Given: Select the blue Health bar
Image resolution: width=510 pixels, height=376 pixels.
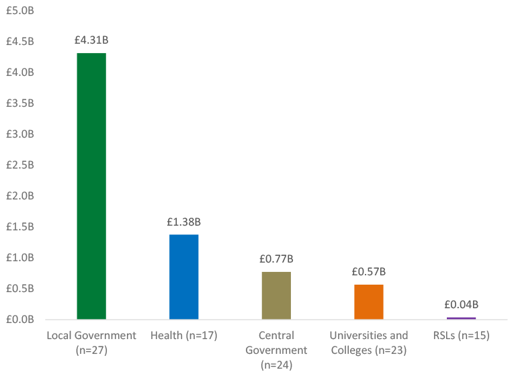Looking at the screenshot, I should pos(183,277).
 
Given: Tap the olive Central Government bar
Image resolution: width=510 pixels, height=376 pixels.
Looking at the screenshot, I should pos(276,295).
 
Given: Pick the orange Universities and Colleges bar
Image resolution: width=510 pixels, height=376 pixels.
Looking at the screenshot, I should pos(369,301).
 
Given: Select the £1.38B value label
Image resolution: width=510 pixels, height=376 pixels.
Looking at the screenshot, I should pos(183,222).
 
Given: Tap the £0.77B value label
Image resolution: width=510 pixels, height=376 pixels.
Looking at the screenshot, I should pos(276,259).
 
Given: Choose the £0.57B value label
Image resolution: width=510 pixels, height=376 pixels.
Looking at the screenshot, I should pos(369,272).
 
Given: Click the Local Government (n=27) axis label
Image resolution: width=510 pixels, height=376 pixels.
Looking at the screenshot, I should pos(91,342).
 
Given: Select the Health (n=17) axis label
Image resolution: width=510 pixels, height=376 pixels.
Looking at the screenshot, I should pos(183,335).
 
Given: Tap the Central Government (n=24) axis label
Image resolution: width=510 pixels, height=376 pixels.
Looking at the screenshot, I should pos(276,350).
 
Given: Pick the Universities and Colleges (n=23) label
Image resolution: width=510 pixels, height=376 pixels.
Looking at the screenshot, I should pos(369,342).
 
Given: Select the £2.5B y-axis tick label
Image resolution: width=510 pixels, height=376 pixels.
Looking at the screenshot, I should pos(20,165).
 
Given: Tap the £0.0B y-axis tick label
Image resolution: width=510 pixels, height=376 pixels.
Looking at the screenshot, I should pos(20,320).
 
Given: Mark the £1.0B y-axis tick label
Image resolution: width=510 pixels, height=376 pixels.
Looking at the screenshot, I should pos(20,258).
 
